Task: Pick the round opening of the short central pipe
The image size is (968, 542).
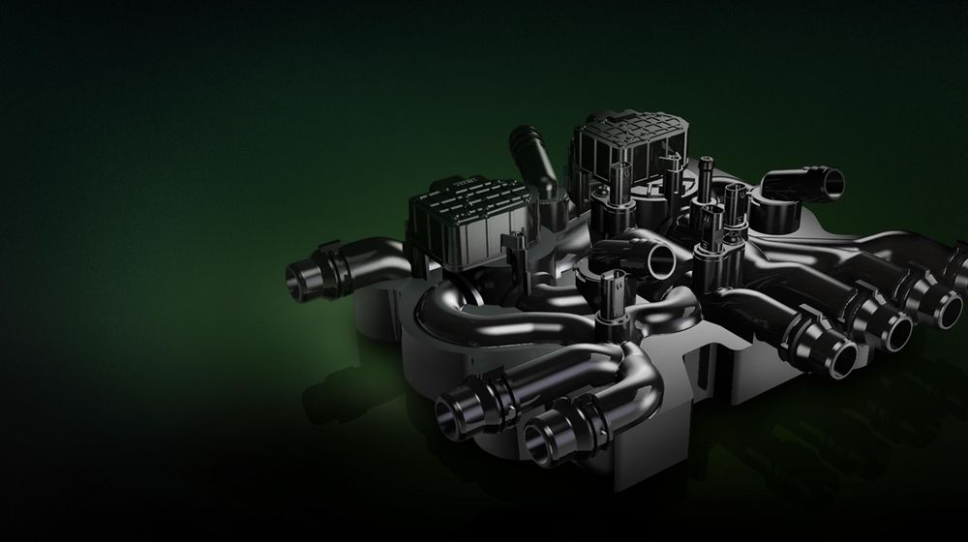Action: click(664, 259)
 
